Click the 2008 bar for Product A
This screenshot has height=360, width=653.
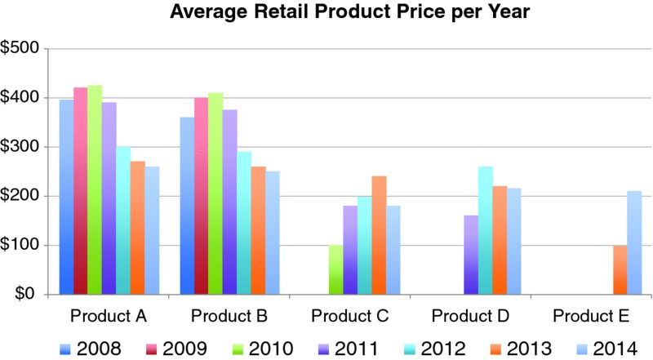point(66,197)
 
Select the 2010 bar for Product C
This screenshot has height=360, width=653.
point(335,269)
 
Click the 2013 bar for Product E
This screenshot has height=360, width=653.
point(620,269)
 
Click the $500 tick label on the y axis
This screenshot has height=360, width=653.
point(22,49)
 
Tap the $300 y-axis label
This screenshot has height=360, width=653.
point(22,147)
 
